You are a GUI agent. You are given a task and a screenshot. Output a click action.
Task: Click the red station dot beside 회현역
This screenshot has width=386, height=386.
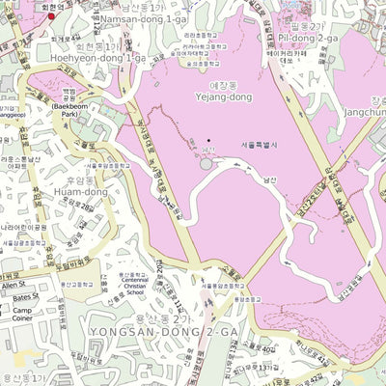coord(51,15)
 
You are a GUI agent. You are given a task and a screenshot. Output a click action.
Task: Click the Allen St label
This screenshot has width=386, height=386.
coord(14,286)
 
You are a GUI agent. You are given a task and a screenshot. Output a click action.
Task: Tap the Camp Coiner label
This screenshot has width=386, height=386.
coord(22,317)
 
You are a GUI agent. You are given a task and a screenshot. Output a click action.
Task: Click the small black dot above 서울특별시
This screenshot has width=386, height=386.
coord(208,142)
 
